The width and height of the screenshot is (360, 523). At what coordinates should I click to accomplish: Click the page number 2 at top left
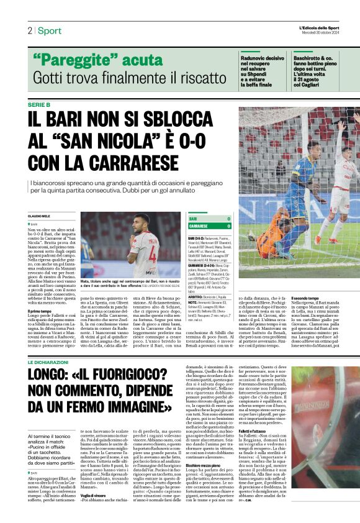(29, 30)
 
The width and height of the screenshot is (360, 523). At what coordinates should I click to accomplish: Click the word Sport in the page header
(49, 30)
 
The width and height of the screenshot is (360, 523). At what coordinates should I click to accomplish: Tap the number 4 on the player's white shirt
(145, 237)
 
